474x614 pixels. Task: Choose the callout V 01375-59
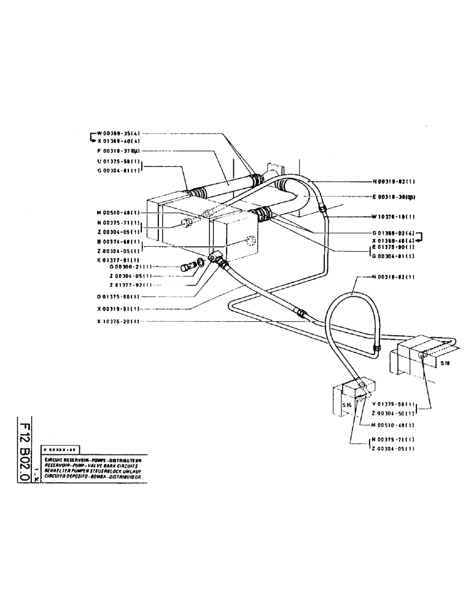coord(394,404)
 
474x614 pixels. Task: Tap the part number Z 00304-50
coord(394,414)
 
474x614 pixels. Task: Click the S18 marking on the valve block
coord(445,363)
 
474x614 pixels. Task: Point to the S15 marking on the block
coord(346,405)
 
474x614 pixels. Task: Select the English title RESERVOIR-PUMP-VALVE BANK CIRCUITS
coord(91,465)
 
